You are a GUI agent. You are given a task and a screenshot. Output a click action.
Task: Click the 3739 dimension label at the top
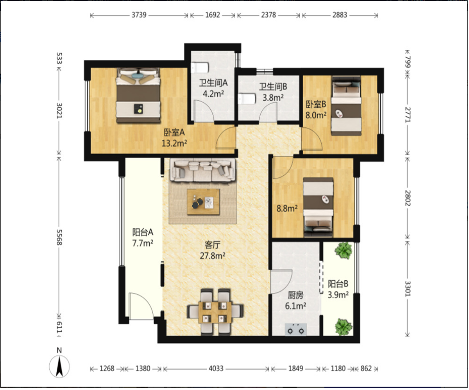coord(139,15)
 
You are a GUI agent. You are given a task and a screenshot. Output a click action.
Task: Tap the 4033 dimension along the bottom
coord(216,369)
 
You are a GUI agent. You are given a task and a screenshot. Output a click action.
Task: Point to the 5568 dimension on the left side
coord(59,237)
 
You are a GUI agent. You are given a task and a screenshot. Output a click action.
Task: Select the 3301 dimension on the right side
coord(408,288)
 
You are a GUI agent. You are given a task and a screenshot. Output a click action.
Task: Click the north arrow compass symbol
coord(59,367)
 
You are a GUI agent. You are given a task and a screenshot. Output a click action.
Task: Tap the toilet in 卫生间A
coord(200,67)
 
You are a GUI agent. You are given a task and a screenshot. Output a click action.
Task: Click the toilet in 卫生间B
coord(247,99)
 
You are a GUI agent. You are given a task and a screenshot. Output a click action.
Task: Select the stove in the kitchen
coord(295,329)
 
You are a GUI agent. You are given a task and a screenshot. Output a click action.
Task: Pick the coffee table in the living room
coord(204,202)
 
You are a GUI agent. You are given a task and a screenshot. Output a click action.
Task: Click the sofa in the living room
coord(202,170)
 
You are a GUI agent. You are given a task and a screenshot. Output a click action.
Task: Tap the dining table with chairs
coord(215,312)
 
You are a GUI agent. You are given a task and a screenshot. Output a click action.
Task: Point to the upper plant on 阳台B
coord(343,250)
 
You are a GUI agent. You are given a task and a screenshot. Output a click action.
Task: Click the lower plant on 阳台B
coord(344,327)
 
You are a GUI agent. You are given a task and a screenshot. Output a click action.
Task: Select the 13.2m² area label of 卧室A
coord(174,143)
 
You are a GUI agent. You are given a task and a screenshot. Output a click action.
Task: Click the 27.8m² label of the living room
coord(213,256)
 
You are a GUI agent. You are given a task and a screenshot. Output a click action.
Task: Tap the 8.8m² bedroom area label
coord(287,208)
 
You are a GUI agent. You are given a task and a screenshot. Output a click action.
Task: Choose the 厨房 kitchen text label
coord(295,295)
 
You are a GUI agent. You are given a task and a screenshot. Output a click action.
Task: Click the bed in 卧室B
coord(346,105)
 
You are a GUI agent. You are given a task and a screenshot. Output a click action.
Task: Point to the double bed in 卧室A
coord(138,95)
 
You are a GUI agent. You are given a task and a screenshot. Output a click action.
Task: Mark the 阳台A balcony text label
coord(143,232)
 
